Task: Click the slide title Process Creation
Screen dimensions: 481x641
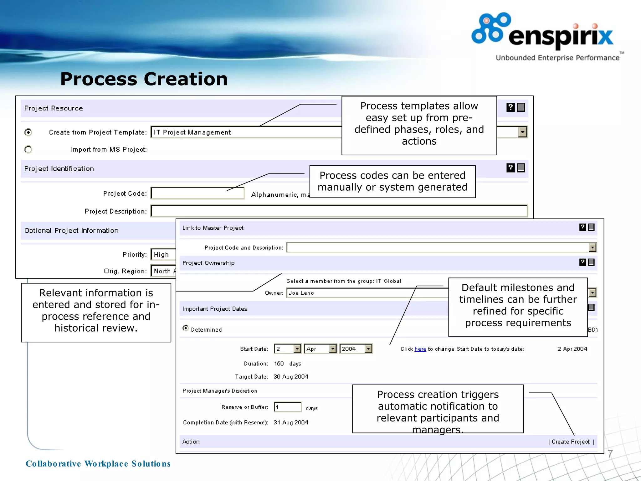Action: (144, 79)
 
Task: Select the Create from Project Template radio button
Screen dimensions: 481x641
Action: (28, 132)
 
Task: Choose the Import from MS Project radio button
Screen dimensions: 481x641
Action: (28, 149)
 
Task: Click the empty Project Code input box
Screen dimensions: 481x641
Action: (197, 193)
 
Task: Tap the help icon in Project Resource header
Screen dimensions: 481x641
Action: (510, 107)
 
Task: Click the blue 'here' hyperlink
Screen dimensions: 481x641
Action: (420, 349)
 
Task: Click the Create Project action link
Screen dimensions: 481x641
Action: (571, 442)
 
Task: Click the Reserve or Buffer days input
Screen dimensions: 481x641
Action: (287, 407)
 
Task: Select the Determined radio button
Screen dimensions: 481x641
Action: (186, 328)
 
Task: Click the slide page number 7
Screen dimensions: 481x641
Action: (610, 454)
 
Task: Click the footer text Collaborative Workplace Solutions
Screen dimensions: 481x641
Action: (98, 464)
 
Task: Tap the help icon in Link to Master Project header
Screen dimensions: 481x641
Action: (582, 227)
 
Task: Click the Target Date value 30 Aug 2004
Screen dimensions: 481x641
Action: (291, 376)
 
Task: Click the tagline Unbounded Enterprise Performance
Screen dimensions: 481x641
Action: (557, 58)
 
